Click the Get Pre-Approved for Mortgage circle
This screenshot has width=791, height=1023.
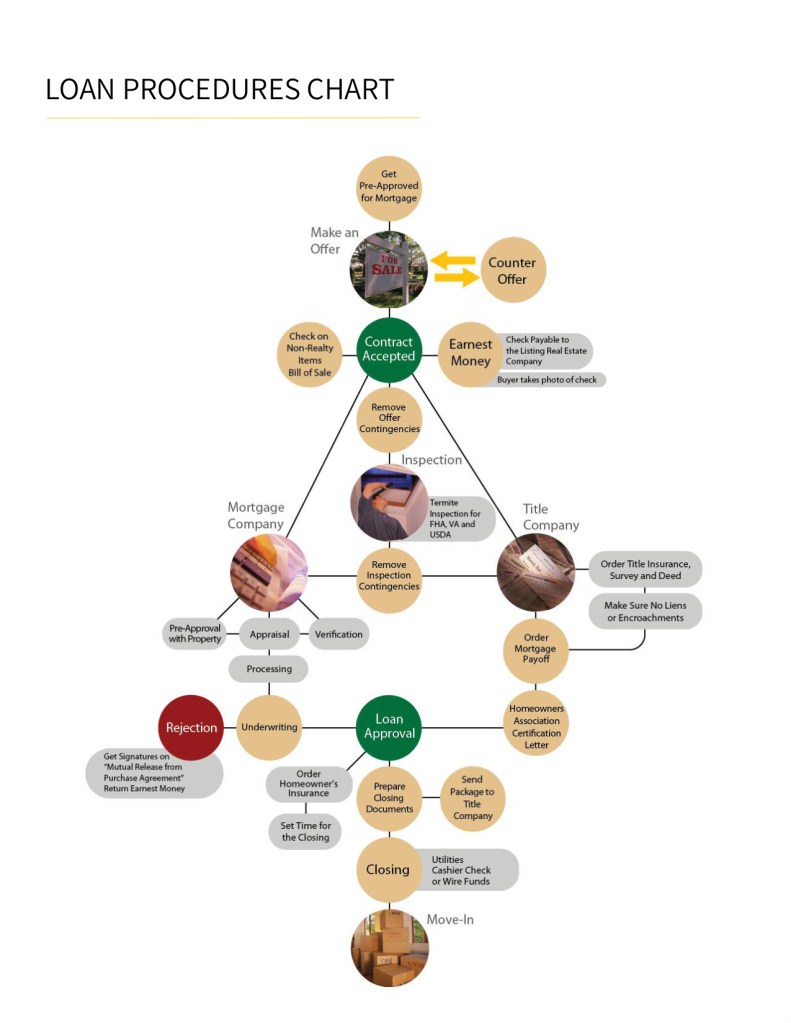click(x=389, y=187)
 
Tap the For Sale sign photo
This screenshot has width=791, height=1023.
click(x=389, y=269)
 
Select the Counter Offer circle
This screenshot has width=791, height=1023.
click(x=512, y=270)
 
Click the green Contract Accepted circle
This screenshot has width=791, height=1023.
click(x=389, y=349)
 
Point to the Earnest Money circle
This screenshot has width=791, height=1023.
click(x=470, y=353)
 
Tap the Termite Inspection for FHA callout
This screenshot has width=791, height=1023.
click(x=459, y=518)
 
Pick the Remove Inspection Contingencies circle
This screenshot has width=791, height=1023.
click(x=389, y=578)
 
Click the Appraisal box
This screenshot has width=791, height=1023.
click(x=269, y=634)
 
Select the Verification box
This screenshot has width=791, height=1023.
click(x=338, y=634)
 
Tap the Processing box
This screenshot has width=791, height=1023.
click(x=268, y=668)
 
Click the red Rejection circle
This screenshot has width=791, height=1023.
click(x=191, y=727)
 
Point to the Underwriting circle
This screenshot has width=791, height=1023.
click(x=269, y=727)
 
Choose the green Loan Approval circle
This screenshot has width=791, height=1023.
click(x=389, y=727)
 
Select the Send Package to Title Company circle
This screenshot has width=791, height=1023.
click(x=472, y=797)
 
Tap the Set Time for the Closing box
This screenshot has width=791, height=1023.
click(x=305, y=831)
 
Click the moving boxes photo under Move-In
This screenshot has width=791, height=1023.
click(x=389, y=948)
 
